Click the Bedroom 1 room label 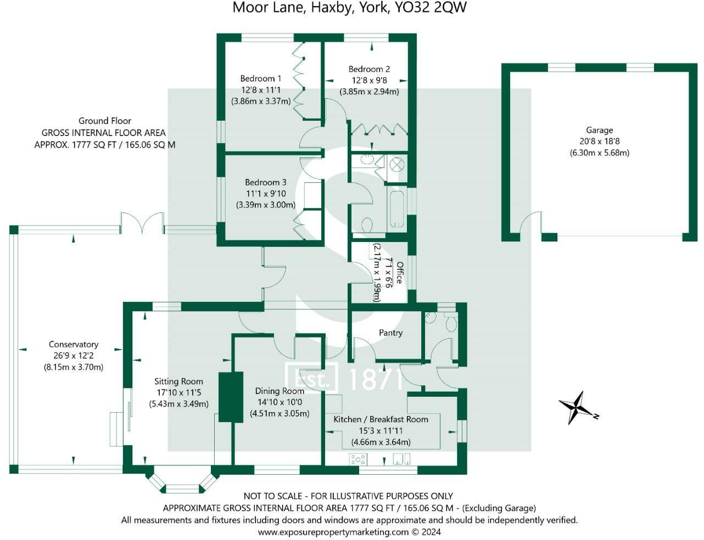(261, 78)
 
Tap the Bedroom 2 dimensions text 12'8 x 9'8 (369, 80)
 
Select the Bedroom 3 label (266, 182)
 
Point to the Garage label (599, 130)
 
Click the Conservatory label (74, 344)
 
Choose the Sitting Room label (178, 381)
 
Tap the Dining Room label (280, 391)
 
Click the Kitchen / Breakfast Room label (381, 419)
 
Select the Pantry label (390, 333)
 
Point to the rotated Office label (400, 272)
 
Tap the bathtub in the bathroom (396, 210)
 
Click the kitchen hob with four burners (357, 459)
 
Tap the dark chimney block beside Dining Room (231, 397)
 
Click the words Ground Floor (105, 121)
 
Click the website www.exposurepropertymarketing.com (333, 532)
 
